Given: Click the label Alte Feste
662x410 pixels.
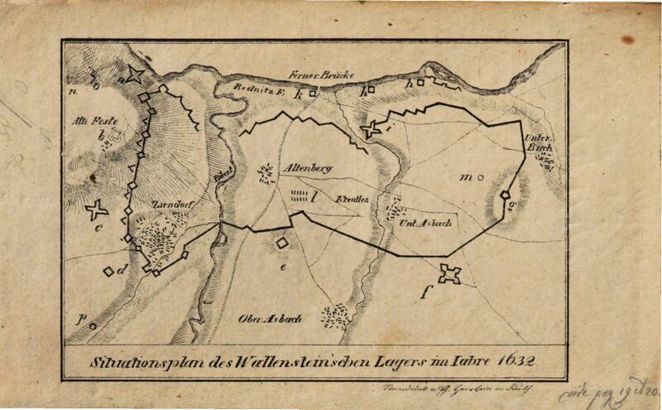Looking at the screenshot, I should (89, 120).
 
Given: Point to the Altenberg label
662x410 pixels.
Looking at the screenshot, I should (307, 168).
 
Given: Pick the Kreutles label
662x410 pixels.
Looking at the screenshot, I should (352, 199).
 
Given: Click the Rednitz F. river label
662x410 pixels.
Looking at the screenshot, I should (257, 94).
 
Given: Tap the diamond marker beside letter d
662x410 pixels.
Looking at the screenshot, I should (108, 270).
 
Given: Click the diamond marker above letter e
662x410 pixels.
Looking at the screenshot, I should (282, 243).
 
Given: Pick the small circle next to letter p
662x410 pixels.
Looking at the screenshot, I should (93, 326).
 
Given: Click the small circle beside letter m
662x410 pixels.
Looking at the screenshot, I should (481, 176).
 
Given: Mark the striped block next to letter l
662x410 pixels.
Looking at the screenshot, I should (296, 196).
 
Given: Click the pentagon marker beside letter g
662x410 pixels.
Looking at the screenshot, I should (504, 195).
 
